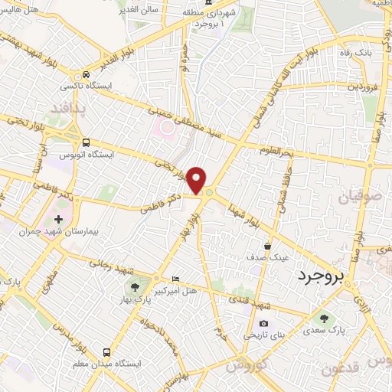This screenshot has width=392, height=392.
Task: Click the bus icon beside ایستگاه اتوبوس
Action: click(87, 142)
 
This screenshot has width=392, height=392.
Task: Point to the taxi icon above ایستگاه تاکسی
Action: click(87, 74)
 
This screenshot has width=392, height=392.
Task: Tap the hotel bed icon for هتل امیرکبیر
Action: click(176, 279)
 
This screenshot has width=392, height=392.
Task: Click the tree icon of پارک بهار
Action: click(135, 287)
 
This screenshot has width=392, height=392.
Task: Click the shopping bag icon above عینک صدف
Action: click(266, 247)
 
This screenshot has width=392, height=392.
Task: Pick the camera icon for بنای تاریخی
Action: click(264, 324)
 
